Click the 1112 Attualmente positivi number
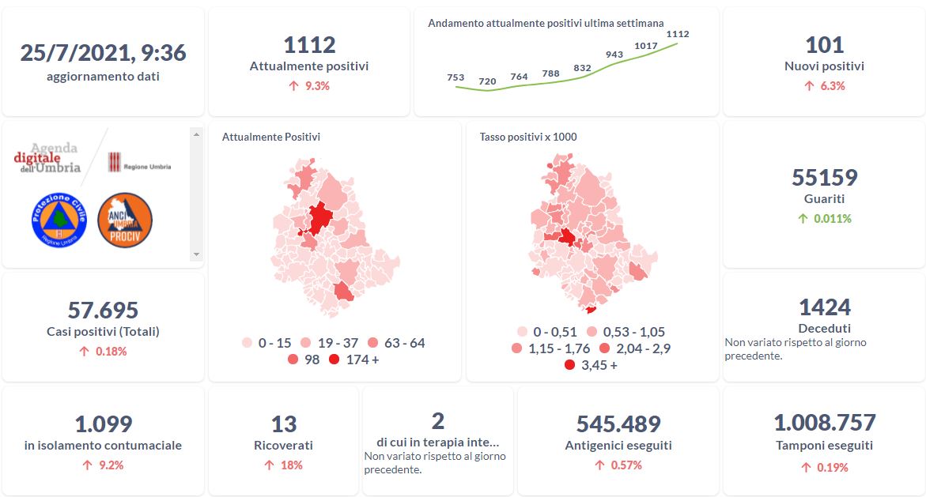coord(309,45)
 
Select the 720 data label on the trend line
coord(487,81)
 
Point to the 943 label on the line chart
coord(614,55)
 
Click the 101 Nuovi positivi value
coord(824,45)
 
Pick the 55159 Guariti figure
coord(824,177)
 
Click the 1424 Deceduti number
coord(824,307)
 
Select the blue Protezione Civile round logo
coord(58,219)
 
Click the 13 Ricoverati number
coord(284,424)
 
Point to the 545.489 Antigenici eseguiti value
coord(618,424)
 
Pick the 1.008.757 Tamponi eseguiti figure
coord(824,423)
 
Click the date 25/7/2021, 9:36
coord(103,53)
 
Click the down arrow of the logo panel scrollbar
coord(197,254)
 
